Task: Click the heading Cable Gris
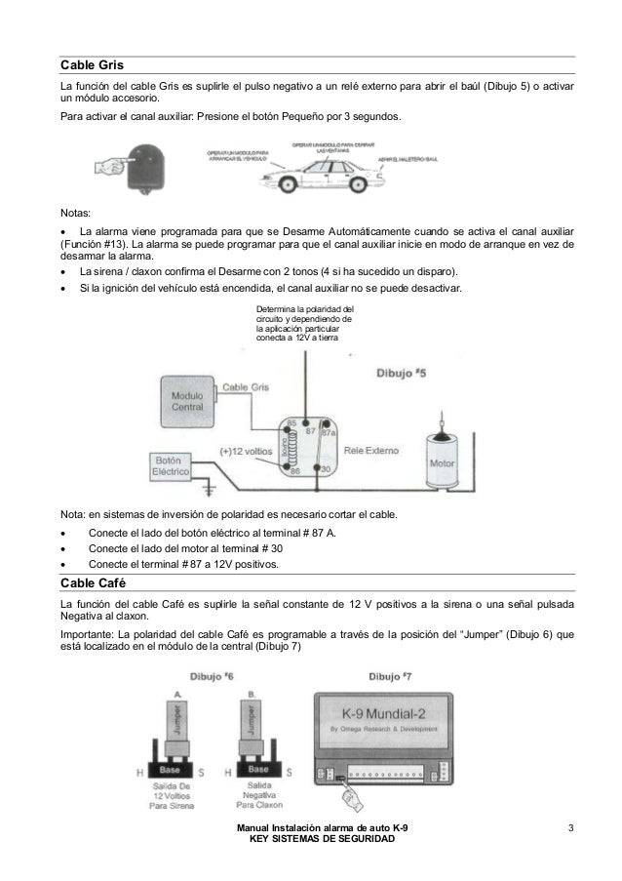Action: click(x=87, y=64)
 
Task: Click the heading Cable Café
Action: click(x=89, y=583)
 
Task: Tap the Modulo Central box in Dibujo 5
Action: click(x=187, y=402)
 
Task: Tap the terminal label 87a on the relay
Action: click(x=330, y=431)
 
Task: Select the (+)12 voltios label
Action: click(x=244, y=452)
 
